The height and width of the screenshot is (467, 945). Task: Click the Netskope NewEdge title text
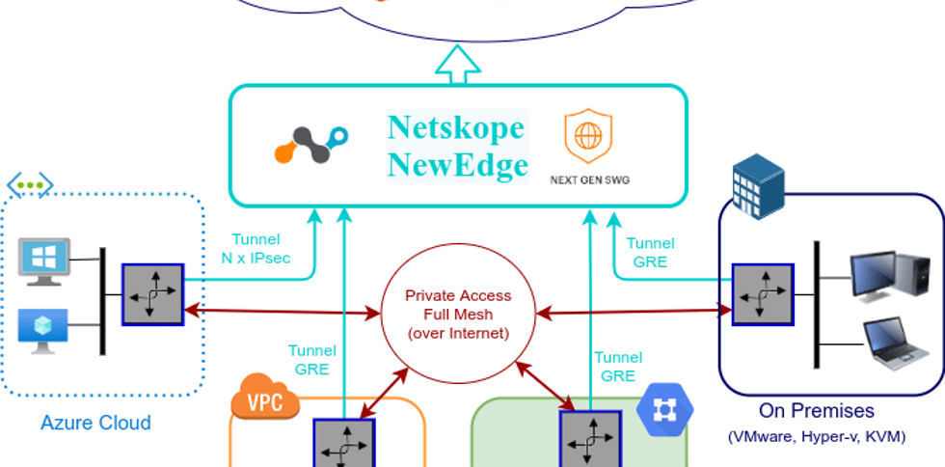click(457, 146)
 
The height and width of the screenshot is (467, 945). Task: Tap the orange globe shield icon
click(586, 136)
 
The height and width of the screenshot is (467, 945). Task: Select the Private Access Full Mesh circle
click(458, 315)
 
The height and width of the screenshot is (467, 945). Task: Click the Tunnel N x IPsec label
click(256, 249)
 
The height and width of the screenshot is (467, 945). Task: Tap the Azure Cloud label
click(95, 423)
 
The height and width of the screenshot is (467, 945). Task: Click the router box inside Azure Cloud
click(151, 293)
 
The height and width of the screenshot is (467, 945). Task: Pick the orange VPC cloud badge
click(265, 398)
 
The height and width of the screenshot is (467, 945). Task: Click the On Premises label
click(816, 411)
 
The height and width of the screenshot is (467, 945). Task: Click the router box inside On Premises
click(762, 294)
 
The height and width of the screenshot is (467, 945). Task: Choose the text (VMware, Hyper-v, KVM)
click(816, 437)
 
